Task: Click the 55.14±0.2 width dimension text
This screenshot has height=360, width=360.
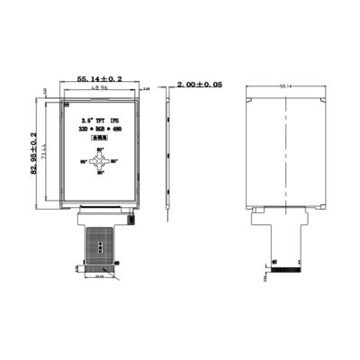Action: click(x=100, y=79)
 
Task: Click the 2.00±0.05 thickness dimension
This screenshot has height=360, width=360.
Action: click(x=200, y=83)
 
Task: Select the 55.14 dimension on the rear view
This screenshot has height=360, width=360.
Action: click(x=286, y=85)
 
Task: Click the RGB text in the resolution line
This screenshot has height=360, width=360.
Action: click(x=100, y=130)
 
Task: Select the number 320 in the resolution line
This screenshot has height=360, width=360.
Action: click(x=84, y=130)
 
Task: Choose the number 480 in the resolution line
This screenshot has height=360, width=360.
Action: click(x=117, y=130)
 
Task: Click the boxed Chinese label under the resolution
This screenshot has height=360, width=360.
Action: click(x=100, y=140)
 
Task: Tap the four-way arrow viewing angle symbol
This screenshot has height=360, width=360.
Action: click(x=101, y=162)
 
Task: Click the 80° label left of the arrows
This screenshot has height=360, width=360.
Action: click(x=85, y=162)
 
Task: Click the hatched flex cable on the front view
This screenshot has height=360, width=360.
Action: click(x=100, y=241)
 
